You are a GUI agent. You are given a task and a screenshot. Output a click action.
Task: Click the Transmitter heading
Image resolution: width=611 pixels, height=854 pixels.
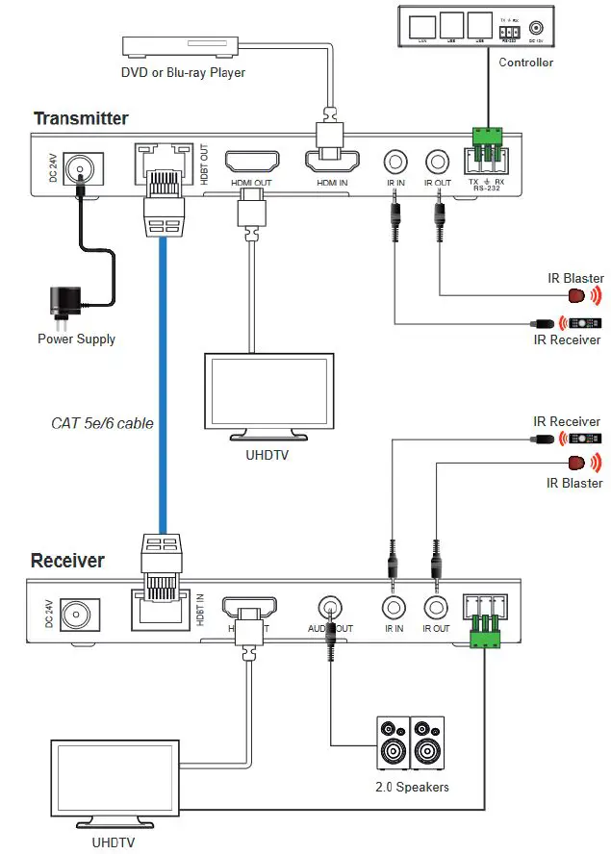81,119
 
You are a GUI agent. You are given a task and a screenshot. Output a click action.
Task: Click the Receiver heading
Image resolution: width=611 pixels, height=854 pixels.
67,561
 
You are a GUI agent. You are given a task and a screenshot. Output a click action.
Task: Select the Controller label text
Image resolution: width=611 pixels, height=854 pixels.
525,63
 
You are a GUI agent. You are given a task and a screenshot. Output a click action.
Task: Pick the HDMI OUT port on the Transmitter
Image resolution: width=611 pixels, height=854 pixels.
251,161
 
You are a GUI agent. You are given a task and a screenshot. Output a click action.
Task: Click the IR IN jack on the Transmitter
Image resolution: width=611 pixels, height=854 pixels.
394,163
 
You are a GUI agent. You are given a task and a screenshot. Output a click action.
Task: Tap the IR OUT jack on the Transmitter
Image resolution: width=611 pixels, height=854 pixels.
438,163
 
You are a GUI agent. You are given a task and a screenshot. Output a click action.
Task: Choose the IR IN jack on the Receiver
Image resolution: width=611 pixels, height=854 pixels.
394,608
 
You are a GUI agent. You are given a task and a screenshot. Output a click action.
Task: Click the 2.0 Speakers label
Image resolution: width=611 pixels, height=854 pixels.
412,787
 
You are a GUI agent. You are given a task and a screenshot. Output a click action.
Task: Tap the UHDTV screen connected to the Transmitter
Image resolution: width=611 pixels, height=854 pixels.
268,393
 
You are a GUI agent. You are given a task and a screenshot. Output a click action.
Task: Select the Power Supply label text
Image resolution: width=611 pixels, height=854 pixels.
76,339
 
